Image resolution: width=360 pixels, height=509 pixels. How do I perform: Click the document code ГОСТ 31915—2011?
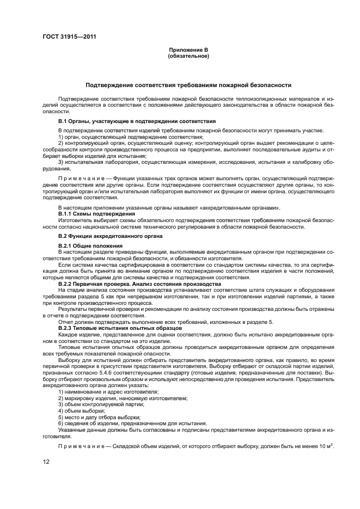pos(66,37)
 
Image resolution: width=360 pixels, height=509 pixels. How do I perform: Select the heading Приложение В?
pos(188,51)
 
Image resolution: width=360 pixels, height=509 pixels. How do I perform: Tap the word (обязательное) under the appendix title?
pos(188,56)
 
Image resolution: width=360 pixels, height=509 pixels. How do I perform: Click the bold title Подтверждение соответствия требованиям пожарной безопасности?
pos(188,85)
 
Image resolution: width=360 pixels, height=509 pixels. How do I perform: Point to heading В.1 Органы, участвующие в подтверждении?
pos(137,120)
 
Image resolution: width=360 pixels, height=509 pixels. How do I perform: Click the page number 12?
pos(47,462)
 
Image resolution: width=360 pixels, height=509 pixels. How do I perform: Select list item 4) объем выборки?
pos(82,410)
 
